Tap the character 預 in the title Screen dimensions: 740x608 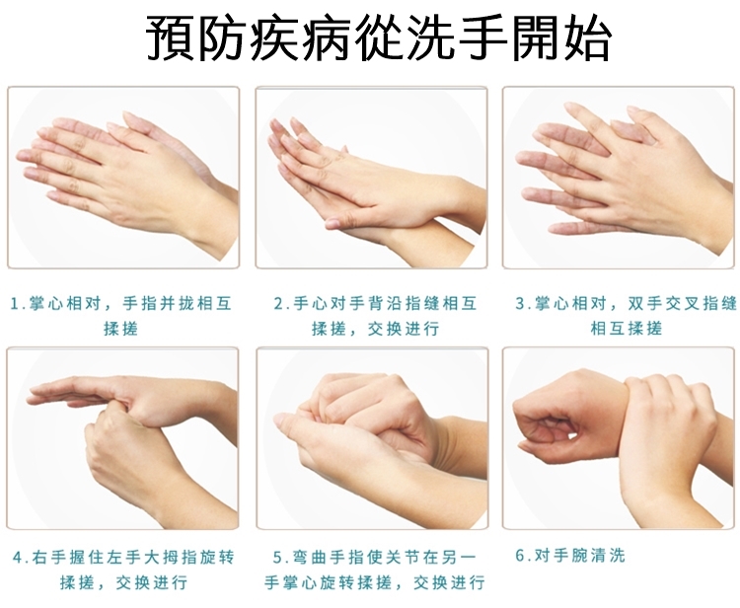[x=170, y=38]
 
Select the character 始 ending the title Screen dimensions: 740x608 [x=587, y=38]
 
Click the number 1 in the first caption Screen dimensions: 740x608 [x=15, y=304]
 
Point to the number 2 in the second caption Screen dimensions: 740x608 [x=279, y=304]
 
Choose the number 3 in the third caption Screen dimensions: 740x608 [x=520, y=304]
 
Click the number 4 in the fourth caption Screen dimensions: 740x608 [x=19, y=558]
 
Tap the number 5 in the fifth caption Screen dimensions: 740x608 [x=278, y=558]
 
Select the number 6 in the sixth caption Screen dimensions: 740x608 [x=520, y=556]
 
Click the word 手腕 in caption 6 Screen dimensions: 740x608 [x=570, y=556]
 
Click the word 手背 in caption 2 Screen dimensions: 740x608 [x=368, y=304]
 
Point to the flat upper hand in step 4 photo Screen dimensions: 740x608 [x=118, y=397]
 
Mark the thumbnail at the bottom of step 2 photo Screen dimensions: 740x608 [x=333, y=222]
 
